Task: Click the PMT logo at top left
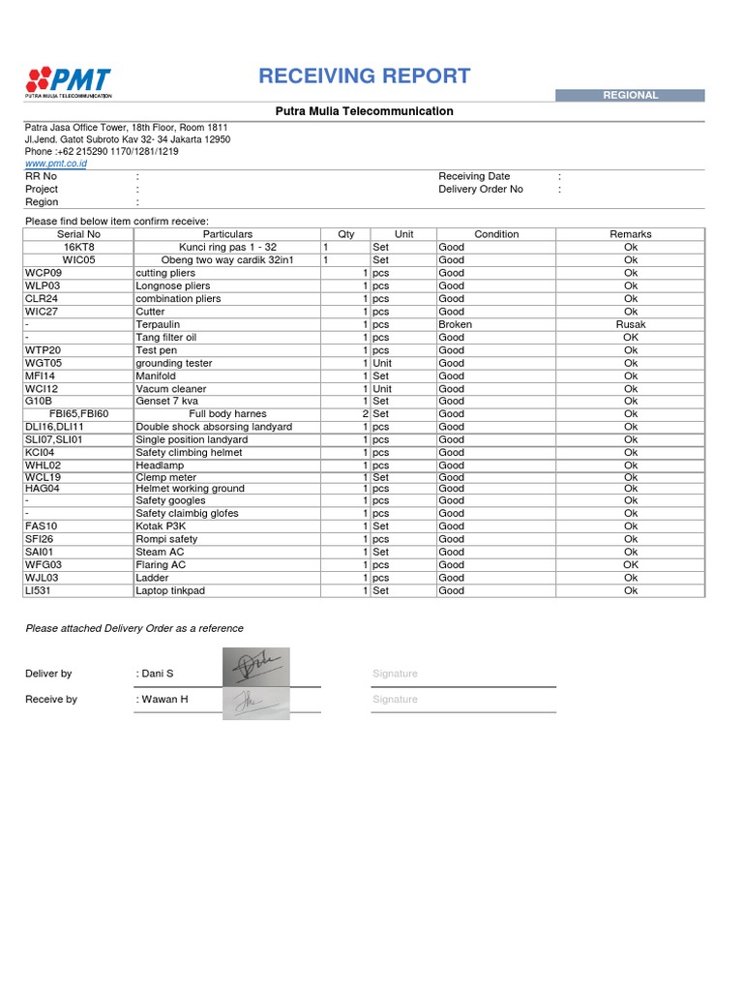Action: (69, 81)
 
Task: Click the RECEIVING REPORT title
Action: (365, 76)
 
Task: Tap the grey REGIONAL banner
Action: (630, 95)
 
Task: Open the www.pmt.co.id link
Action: (56, 165)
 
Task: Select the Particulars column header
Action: (227, 234)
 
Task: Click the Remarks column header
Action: (631, 234)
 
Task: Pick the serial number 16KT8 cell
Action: (79, 247)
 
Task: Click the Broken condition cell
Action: (456, 324)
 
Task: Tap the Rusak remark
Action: (631, 324)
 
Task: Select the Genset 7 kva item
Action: (165, 401)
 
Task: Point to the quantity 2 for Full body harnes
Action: (365, 413)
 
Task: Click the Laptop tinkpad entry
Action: (170, 590)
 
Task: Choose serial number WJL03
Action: (43, 578)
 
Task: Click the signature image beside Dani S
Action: (255, 668)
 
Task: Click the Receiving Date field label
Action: (474, 176)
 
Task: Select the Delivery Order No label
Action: (481, 189)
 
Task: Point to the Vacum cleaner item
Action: (172, 388)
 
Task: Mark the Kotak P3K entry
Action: (161, 526)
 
